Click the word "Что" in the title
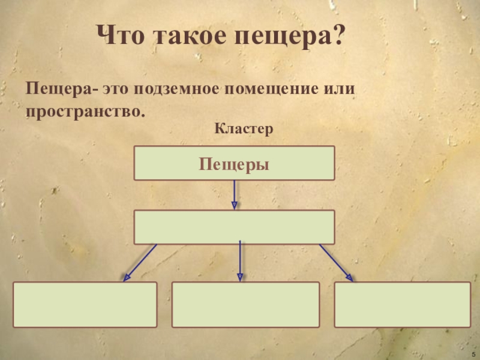pyautogui.click(x=122, y=38)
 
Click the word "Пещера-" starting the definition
pyautogui.click(x=60, y=89)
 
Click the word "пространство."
pyautogui.click(x=86, y=112)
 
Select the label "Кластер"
pyautogui.click(x=244, y=128)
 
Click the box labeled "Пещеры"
pyautogui.click(x=234, y=163)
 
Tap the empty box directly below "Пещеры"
pyautogui.click(x=234, y=227)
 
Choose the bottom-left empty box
pyautogui.click(x=85, y=304)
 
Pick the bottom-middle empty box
pyautogui.click(x=245, y=304)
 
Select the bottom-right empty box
pyautogui.click(x=403, y=304)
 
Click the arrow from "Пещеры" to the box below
pyautogui.click(x=234, y=194)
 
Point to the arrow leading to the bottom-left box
pyautogui.click(x=140, y=262)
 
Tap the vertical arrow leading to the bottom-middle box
pyautogui.click(x=240, y=261)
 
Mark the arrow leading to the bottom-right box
pyautogui.click(x=335, y=262)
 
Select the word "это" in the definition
pyautogui.click(x=116, y=89)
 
